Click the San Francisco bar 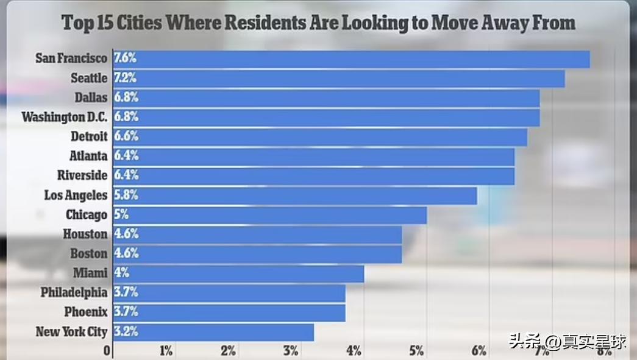click(x=351, y=59)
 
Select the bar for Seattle click(x=339, y=79)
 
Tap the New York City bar click(x=213, y=332)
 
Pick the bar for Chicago click(x=269, y=215)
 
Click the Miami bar click(x=238, y=274)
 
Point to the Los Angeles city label click(x=76, y=196)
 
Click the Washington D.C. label click(x=64, y=117)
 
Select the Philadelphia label click(x=74, y=293)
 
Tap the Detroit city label click(x=89, y=136)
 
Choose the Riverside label click(x=82, y=175)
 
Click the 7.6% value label click(x=126, y=58)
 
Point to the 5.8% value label click(x=126, y=196)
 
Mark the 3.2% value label click(x=126, y=332)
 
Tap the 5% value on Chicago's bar click(x=121, y=215)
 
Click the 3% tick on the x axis click(x=291, y=351)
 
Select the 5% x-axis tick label click(x=416, y=351)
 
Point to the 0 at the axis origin click(x=107, y=351)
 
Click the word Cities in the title click(x=136, y=23)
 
